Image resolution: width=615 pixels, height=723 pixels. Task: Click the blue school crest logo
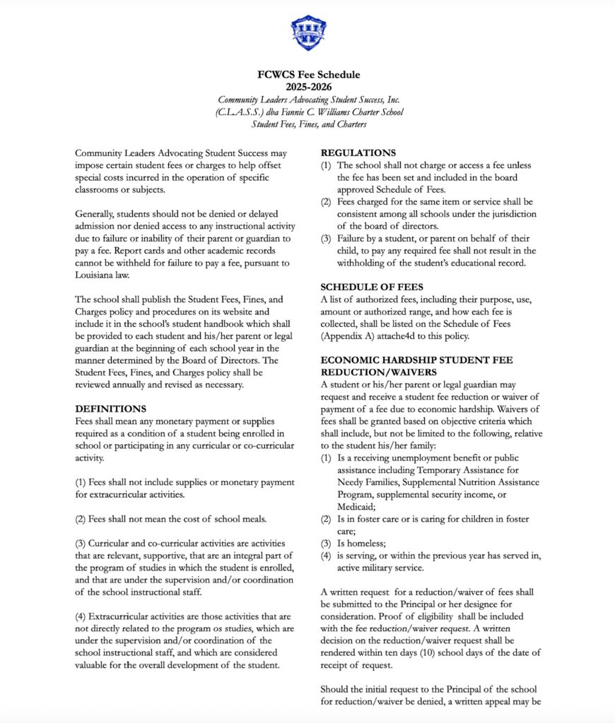pyautogui.click(x=308, y=33)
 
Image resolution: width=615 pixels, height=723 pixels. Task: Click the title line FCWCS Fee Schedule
pyautogui.click(x=308, y=75)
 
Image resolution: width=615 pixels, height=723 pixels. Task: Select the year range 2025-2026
pyautogui.click(x=308, y=87)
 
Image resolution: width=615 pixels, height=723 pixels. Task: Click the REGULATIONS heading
pyautogui.click(x=358, y=153)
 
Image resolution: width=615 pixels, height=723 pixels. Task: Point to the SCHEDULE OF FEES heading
pyautogui.click(x=371, y=287)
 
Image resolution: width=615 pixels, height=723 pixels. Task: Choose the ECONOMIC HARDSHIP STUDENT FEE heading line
pyautogui.click(x=417, y=360)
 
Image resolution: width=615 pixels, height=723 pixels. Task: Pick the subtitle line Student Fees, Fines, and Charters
pyautogui.click(x=308, y=124)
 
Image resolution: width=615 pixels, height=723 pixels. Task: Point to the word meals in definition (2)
pyautogui.click(x=252, y=519)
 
